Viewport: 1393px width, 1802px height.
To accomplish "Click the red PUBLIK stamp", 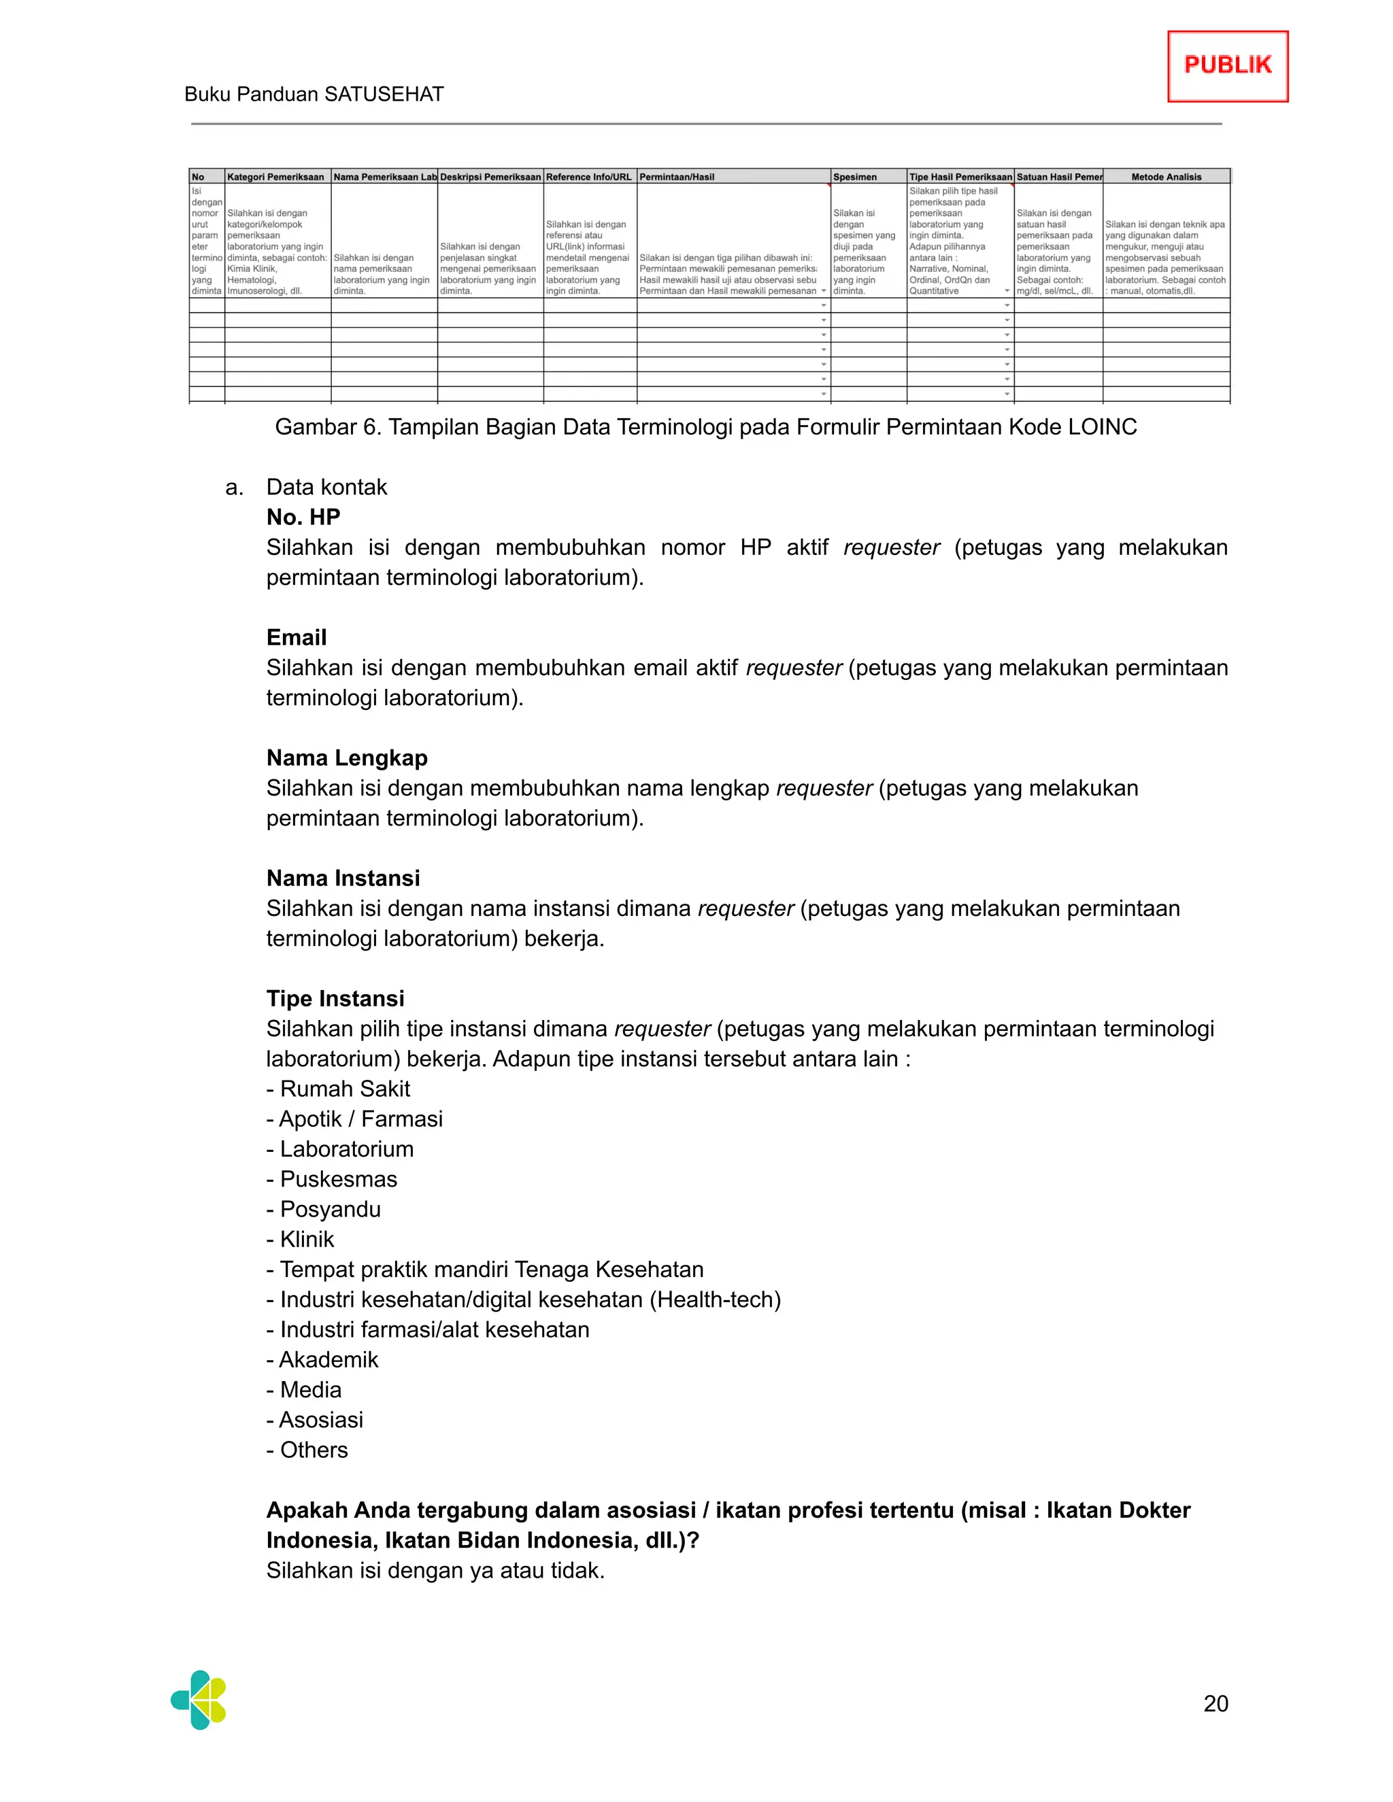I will point(1227,66).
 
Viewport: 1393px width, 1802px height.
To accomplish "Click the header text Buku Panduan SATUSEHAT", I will point(314,94).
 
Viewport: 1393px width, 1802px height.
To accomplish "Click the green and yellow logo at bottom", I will point(199,1700).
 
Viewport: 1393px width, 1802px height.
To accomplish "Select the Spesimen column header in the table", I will point(855,177).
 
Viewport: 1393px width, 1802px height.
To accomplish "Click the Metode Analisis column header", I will point(1165,177).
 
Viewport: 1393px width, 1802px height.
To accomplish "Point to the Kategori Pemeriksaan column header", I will point(275,177).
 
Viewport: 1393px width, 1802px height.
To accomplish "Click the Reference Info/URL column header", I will point(588,177).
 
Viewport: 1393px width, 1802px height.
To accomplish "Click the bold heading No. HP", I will point(303,517).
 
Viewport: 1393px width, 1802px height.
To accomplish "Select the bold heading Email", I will point(297,637).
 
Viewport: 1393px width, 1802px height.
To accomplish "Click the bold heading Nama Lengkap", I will point(347,758).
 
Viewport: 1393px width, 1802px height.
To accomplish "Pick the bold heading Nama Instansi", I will point(343,878).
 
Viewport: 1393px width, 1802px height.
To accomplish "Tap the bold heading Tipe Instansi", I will point(335,998).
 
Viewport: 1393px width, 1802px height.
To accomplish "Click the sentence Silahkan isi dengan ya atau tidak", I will point(435,1570).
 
